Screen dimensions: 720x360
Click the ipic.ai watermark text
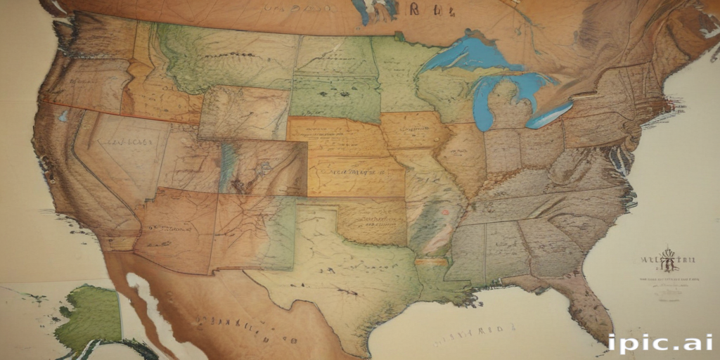coord(660,344)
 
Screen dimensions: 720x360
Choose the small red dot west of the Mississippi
coord(444,210)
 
